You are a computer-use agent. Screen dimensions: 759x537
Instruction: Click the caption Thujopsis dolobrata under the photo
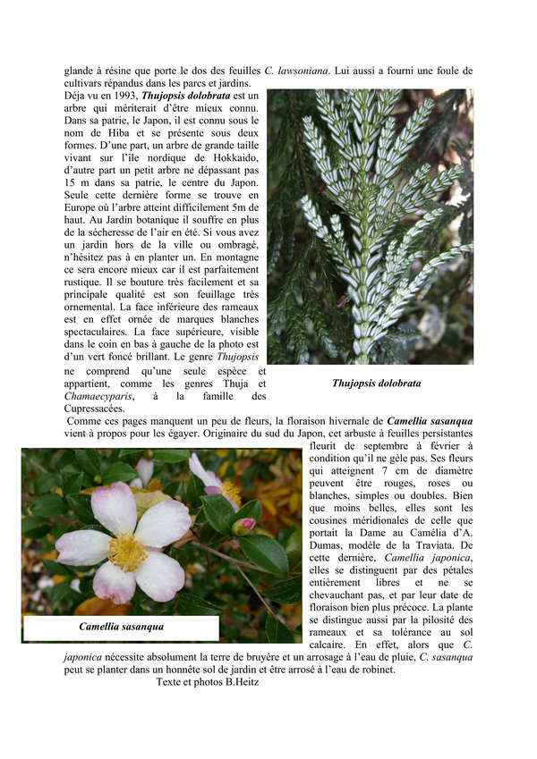point(376,384)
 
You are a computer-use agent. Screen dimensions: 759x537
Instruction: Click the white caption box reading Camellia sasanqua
point(121,628)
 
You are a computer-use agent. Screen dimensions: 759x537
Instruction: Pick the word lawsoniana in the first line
point(303,71)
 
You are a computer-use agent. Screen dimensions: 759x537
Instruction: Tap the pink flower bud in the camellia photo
point(243,525)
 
